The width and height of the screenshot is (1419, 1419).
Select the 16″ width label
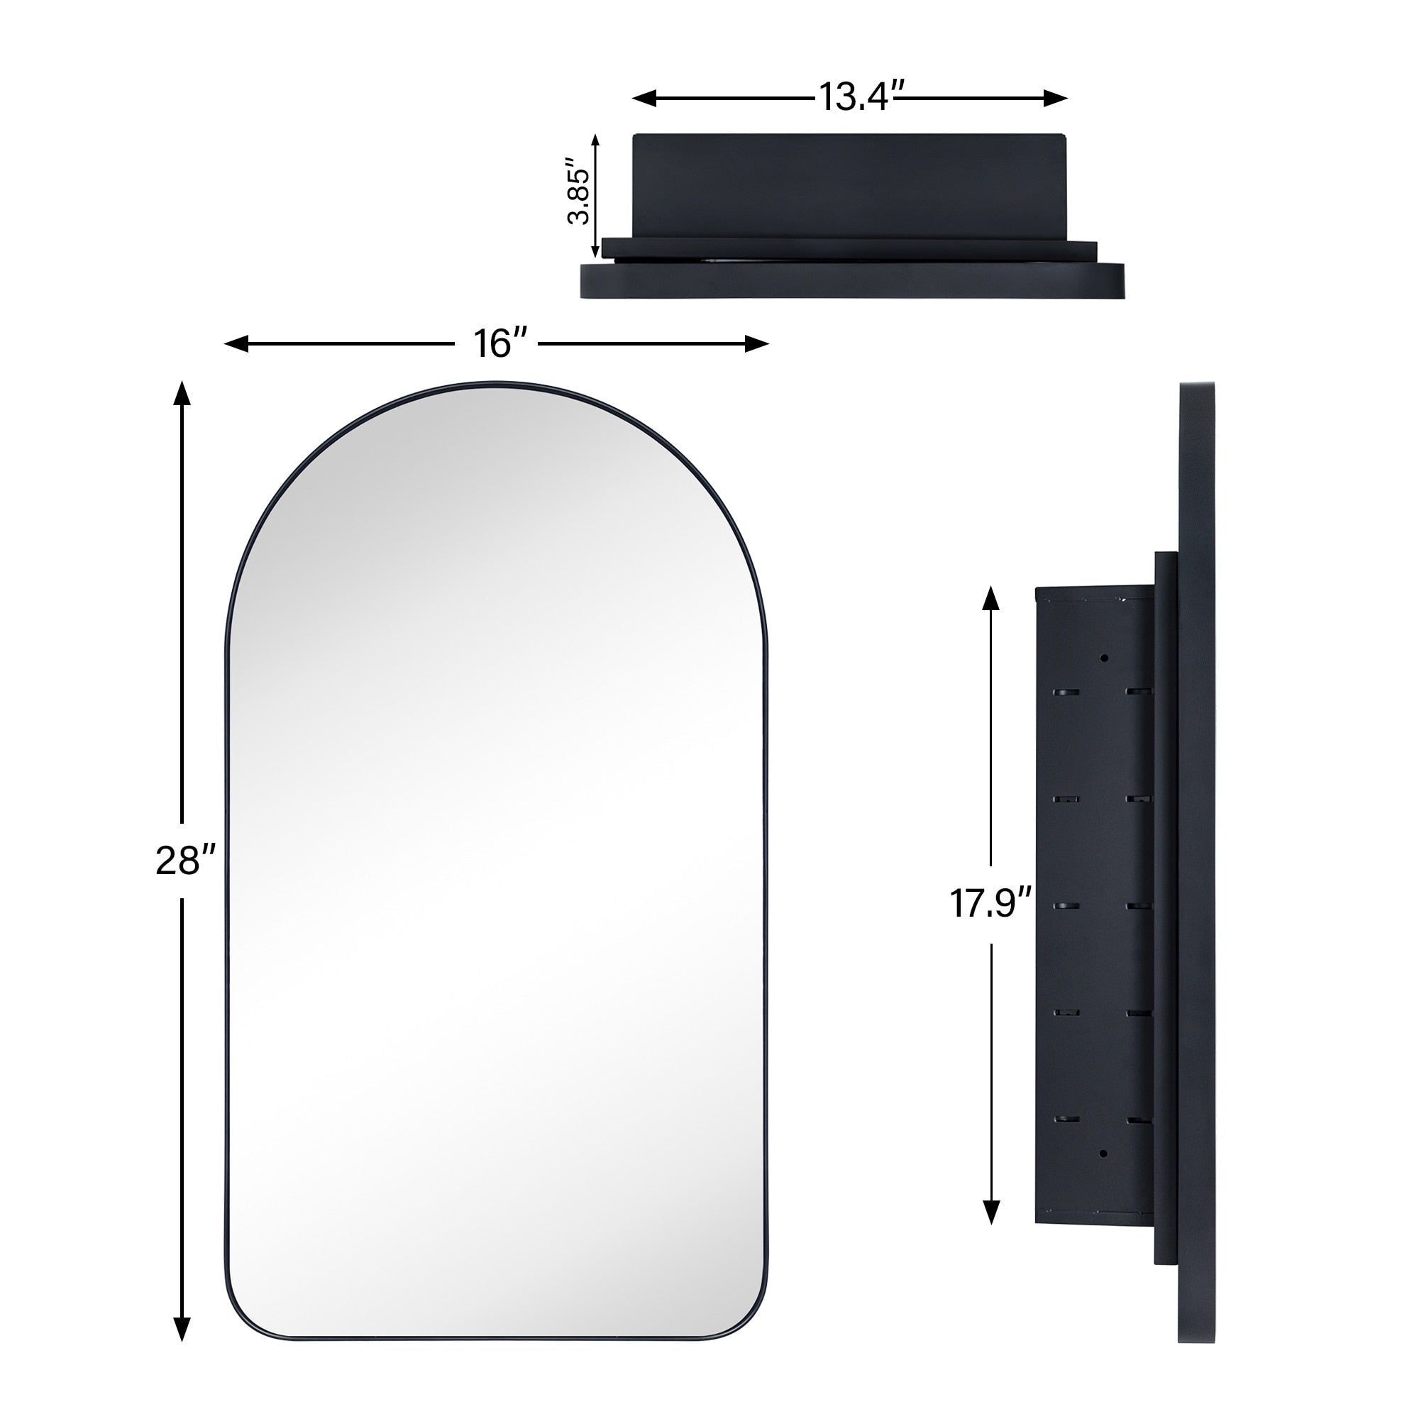500,343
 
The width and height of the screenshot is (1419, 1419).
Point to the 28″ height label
186,860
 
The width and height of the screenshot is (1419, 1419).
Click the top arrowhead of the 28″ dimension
182,394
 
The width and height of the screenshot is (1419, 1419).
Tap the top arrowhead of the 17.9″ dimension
990,599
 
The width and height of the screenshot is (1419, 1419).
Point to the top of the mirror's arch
497,384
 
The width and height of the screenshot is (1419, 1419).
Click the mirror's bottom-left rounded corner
243,1315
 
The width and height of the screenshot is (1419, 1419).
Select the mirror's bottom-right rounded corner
749,1315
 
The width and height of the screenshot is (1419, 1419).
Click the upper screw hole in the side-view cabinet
1103,658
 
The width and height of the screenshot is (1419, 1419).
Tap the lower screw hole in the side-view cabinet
1103,1154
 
